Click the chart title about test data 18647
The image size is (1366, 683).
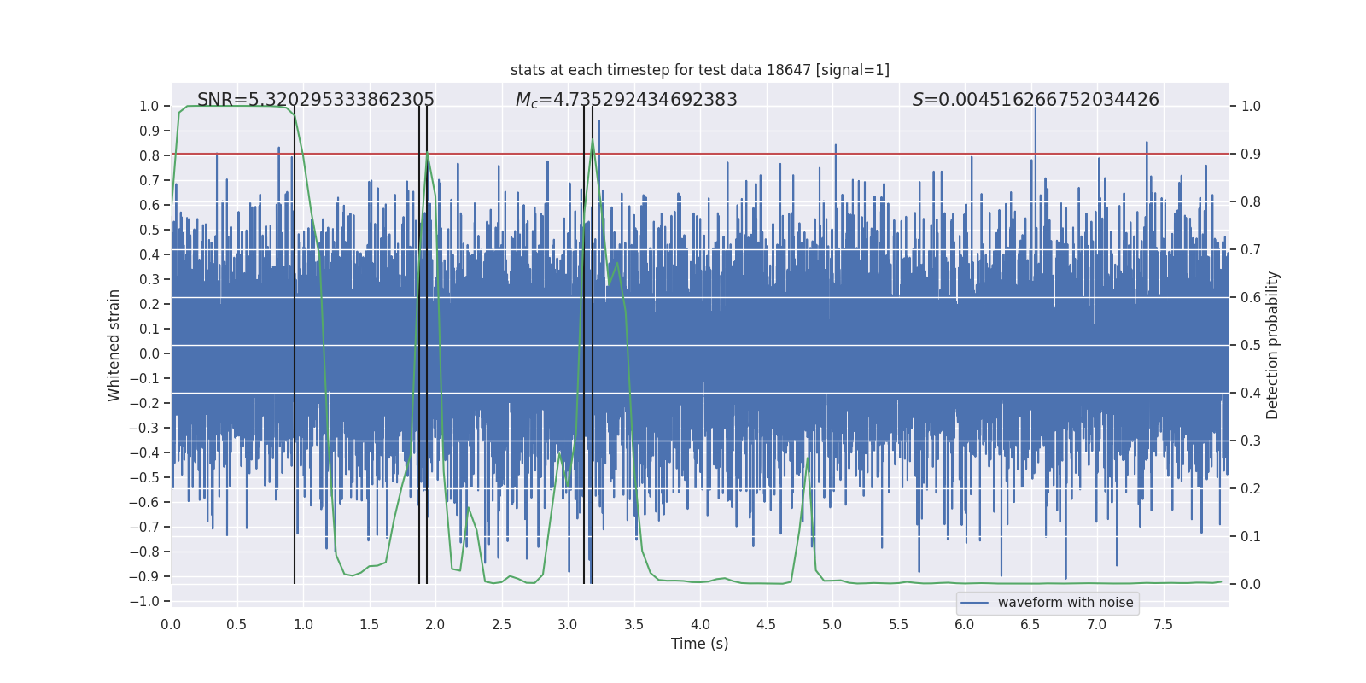pyautogui.click(x=699, y=70)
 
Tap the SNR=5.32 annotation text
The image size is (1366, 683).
pyautogui.click(x=315, y=100)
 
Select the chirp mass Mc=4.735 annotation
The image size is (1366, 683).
pyautogui.click(x=626, y=100)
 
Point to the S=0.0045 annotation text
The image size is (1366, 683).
pyautogui.click(x=1035, y=100)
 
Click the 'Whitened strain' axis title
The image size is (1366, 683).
pyautogui.click(x=114, y=345)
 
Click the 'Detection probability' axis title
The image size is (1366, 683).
pyautogui.click(x=1272, y=345)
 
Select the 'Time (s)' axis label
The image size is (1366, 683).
pyautogui.click(x=699, y=644)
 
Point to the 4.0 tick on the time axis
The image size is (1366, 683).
pyautogui.click(x=700, y=624)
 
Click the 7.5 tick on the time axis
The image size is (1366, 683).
pyautogui.click(x=1163, y=624)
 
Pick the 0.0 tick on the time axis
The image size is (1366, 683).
pyautogui.click(x=171, y=624)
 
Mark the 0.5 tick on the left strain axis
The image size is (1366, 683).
pyautogui.click(x=150, y=230)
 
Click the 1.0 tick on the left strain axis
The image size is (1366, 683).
pyautogui.click(x=150, y=106)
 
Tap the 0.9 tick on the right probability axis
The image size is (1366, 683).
pyautogui.click(x=1251, y=154)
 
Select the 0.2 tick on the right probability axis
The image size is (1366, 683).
pyautogui.click(x=1251, y=488)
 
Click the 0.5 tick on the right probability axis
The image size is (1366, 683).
pyautogui.click(x=1251, y=345)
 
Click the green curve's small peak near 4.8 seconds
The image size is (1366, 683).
pyautogui.click(x=807, y=458)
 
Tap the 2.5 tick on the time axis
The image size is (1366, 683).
pyautogui.click(x=501, y=624)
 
